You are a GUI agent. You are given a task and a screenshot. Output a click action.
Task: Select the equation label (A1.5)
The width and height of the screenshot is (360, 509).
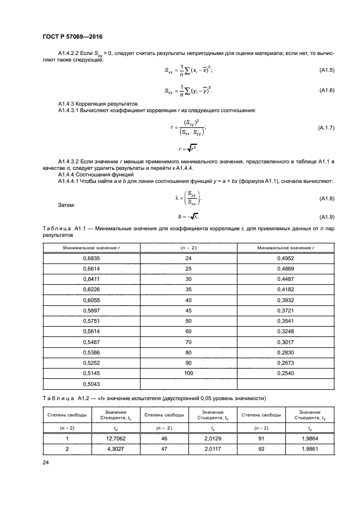[326, 71]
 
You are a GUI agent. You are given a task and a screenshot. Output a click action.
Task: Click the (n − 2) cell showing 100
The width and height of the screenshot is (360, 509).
[188, 373]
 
